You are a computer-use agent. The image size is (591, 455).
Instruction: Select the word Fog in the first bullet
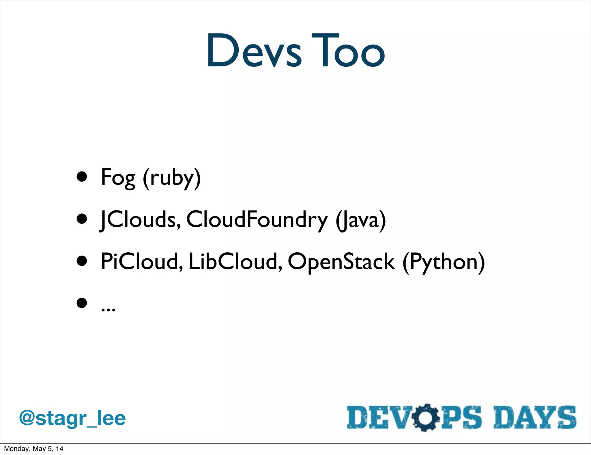click(118, 178)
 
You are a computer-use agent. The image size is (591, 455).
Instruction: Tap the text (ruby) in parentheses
click(172, 178)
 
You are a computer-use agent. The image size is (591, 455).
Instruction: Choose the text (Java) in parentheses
click(361, 220)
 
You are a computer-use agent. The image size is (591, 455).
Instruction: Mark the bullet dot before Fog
click(82, 177)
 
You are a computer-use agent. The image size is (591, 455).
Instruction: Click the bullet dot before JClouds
click(82, 219)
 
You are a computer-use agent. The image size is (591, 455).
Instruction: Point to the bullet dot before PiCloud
click(82, 261)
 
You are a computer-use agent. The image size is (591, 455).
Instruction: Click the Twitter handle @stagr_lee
click(72, 418)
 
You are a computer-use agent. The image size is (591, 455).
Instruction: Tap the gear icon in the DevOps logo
click(425, 418)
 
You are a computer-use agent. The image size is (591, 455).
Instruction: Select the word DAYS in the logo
click(534, 417)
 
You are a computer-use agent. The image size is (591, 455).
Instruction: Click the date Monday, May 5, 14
click(33, 449)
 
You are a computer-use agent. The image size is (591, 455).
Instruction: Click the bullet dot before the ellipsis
click(82, 303)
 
